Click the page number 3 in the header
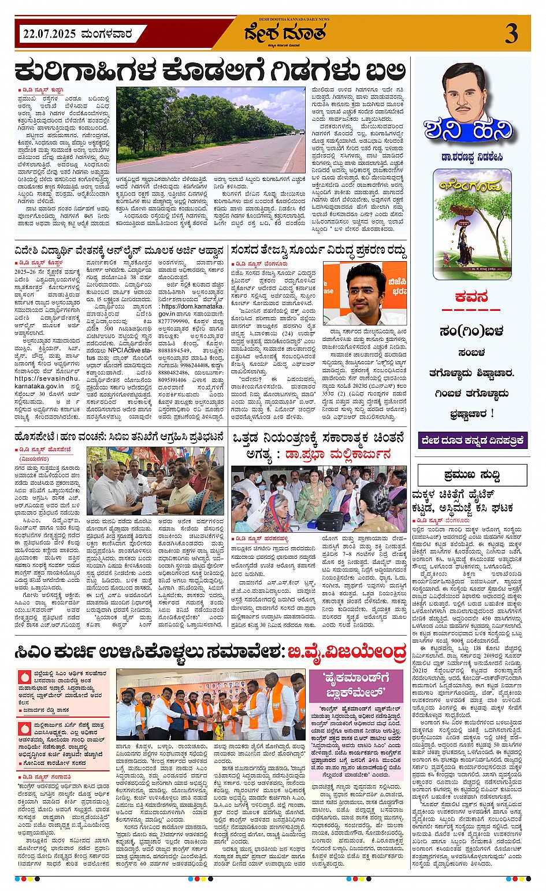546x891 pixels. point(511,34)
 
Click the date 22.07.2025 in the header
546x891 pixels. point(49,34)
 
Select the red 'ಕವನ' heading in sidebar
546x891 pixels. point(471,297)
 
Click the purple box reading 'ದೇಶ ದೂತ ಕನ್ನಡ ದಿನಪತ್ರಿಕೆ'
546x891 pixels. point(472,440)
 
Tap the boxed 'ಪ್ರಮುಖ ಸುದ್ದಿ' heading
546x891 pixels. point(472,475)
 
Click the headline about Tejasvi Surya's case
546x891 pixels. point(318,251)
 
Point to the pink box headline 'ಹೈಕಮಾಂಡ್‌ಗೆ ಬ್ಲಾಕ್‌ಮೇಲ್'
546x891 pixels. point(359,685)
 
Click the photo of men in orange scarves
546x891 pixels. point(211,706)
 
